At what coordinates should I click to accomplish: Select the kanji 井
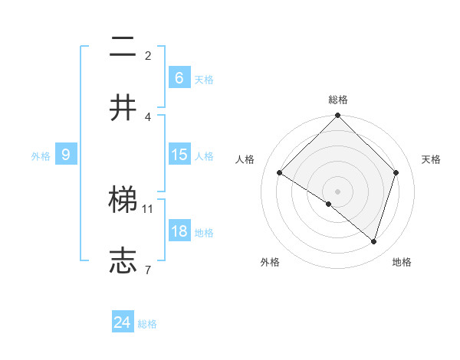tap(123, 107)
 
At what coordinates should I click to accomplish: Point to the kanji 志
tap(123, 261)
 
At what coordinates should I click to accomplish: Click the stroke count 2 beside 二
tap(148, 56)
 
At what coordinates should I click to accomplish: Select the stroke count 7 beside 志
tap(148, 270)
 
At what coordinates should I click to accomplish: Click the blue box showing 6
tap(179, 78)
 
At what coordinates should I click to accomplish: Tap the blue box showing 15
tap(179, 155)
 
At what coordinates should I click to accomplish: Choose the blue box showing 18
tap(179, 231)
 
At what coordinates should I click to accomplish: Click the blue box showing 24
tap(123, 323)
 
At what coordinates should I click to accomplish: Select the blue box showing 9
tap(66, 155)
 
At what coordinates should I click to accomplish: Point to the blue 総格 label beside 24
tap(147, 324)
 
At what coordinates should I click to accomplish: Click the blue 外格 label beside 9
tap(41, 155)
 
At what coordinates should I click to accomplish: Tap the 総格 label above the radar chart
tap(337, 100)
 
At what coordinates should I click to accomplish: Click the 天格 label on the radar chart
tap(431, 159)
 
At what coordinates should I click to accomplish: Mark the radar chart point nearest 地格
tap(373, 241)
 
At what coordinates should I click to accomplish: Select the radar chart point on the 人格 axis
tap(280, 173)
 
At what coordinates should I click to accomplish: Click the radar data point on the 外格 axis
tap(329, 204)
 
